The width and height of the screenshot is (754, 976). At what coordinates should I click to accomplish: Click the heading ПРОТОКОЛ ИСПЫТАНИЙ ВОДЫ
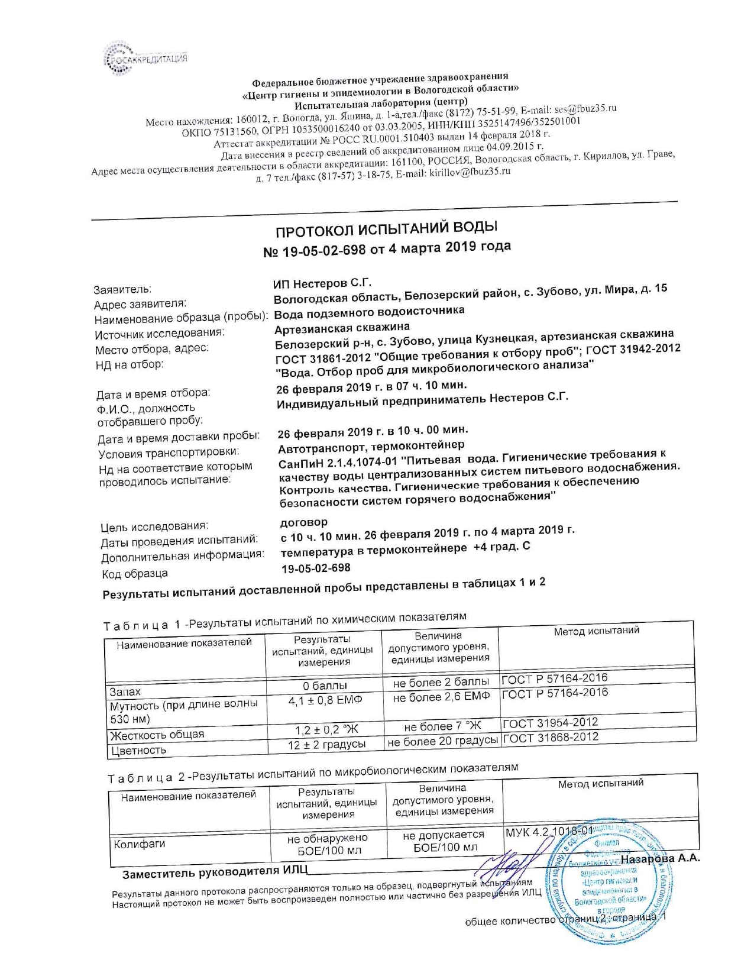pos(387,228)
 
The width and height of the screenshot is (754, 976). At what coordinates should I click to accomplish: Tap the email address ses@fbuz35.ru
pos(585,109)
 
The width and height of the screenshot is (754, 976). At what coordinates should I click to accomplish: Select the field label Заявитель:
pos(122,289)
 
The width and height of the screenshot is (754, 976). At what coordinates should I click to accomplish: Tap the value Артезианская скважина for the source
pos(342,328)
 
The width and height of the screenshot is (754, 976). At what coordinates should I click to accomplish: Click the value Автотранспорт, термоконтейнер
pos(371,445)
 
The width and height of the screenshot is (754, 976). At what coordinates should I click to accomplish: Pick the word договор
pos(303,522)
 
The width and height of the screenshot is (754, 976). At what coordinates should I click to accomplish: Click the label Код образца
pos(134,574)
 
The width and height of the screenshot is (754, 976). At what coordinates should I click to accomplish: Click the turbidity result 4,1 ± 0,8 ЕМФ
pos(325,700)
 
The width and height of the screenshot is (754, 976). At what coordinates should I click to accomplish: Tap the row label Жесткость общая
pos(157,735)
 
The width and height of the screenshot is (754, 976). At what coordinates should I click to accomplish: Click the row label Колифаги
pos(139,844)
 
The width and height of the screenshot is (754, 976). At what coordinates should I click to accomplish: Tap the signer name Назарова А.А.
pos(660,858)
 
